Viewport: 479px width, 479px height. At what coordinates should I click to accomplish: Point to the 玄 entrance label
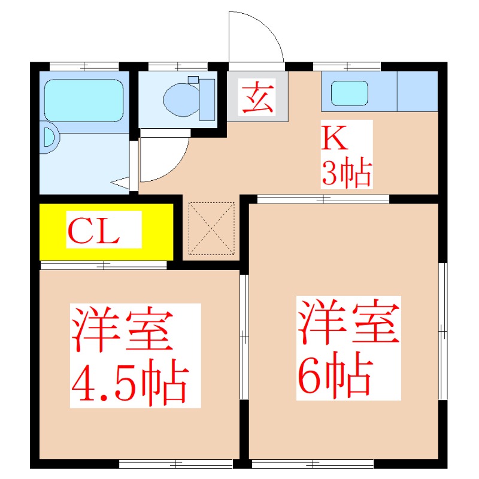tap(257, 98)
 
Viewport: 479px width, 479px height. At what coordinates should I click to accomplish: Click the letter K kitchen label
tap(336, 139)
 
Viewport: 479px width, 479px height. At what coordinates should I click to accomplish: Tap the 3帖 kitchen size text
tap(347, 173)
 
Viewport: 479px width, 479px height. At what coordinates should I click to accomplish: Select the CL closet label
tap(93, 231)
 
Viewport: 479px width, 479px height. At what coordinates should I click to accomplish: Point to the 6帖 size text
tap(333, 375)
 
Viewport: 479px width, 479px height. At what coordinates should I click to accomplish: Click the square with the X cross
tap(211, 228)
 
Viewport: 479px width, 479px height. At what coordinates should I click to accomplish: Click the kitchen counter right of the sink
tap(417, 92)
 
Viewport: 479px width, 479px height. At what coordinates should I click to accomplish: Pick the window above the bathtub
tap(84, 66)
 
